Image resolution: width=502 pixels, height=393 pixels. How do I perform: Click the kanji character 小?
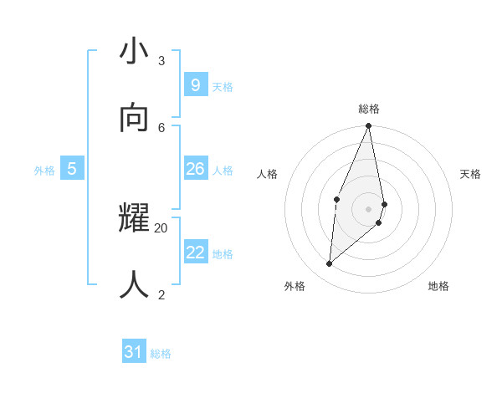point(135,52)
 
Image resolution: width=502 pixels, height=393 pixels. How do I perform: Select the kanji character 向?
point(135,119)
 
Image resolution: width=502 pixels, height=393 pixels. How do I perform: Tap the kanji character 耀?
point(135,219)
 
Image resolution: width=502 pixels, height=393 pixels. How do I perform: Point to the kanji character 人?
point(135,285)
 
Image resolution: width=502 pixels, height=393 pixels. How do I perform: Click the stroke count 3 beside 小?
point(161,60)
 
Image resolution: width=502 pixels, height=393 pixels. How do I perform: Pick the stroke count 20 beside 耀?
point(161,227)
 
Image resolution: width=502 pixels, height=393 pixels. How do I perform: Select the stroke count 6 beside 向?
point(161,127)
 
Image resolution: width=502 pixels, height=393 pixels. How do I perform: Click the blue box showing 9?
point(195,84)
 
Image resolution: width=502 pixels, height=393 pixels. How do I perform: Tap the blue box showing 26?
point(195,169)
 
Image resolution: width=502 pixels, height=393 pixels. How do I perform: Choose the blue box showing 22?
point(195,252)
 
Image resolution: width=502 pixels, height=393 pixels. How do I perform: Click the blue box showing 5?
point(72,169)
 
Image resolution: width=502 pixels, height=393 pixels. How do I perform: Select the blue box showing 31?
point(133,352)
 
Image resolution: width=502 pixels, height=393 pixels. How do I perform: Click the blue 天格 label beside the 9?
point(223,87)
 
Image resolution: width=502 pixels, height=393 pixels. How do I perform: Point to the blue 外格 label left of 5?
point(44,171)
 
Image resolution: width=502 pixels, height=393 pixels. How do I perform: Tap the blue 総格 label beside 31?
point(161,354)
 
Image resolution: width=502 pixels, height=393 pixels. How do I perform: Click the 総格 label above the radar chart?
point(369,109)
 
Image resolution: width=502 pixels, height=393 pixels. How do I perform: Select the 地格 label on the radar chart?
point(438,286)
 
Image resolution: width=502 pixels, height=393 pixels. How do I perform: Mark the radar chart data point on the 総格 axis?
point(369,126)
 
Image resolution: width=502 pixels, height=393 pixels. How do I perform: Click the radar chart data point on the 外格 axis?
point(330,264)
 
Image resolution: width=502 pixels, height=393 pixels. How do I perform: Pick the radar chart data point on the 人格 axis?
point(336,199)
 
